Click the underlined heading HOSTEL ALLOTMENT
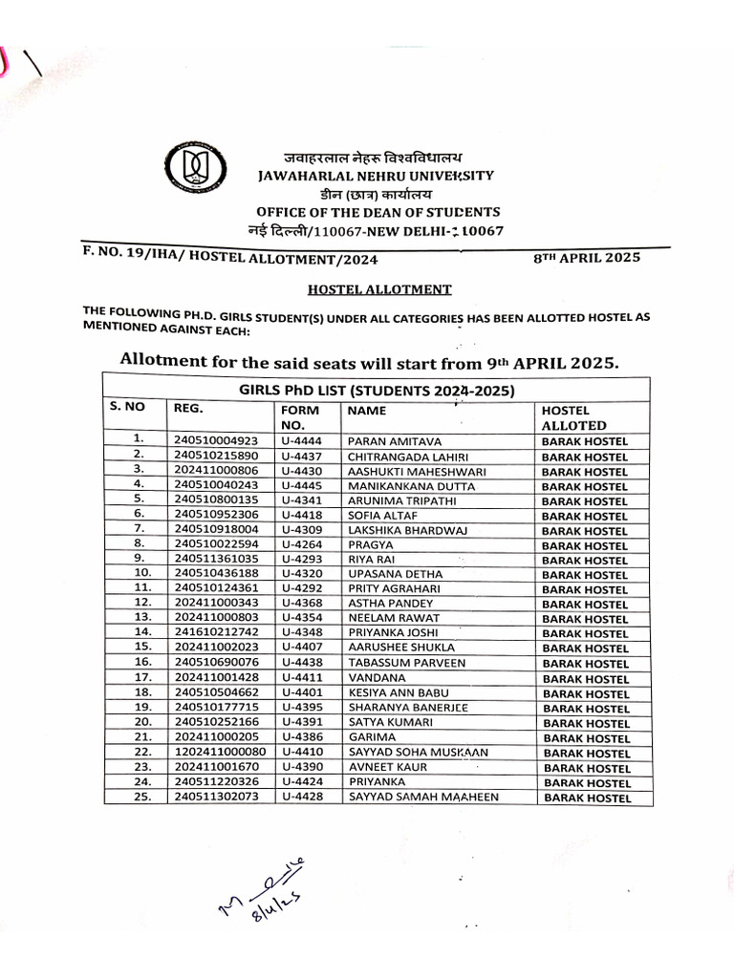click(x=366, y=288)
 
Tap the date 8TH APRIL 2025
click(x=587, y=258)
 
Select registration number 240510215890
click(x=216, y=457)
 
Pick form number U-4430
click(x=302, y=471)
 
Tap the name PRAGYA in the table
click(x=369, y=545)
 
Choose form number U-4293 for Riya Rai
click(x=302, y=560)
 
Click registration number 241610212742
click(x=216, y=633)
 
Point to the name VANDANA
click(x=374, y=677)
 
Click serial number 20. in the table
click(x=140, y=722)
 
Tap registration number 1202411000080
click(x=220, y=752)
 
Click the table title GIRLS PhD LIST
click(x=377, y=390)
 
